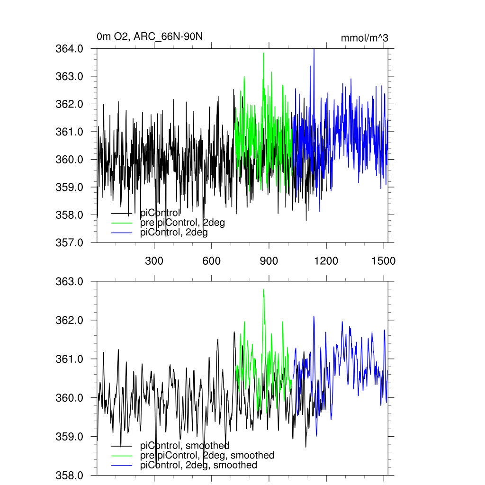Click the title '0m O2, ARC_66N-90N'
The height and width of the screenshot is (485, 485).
150,36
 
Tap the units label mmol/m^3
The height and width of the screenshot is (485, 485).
364,38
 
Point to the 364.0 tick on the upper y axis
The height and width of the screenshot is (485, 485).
70,49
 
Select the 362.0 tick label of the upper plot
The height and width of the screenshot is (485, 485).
70,104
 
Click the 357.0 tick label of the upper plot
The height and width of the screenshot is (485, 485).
70,242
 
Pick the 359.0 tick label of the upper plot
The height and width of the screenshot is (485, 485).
70,187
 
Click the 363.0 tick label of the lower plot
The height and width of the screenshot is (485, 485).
70,281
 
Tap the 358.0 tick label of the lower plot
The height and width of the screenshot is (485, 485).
70,475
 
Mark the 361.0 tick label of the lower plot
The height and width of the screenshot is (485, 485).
70,359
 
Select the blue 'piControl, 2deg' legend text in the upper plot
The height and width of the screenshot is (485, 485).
174,233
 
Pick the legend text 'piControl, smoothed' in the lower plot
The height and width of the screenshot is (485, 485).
185,445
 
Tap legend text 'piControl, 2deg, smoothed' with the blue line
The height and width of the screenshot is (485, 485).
199,465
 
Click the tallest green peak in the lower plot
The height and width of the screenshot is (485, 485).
263,290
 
